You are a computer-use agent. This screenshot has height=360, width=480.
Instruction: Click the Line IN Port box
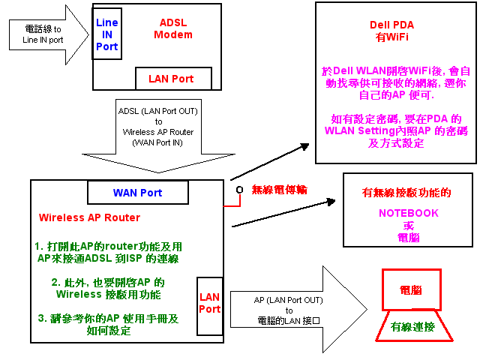click(106, 35)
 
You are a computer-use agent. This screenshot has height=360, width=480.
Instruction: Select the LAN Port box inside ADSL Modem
click(173, 79)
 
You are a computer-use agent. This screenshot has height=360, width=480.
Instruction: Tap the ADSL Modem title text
click(173, 28)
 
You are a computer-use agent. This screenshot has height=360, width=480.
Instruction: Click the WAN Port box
click(137, 193)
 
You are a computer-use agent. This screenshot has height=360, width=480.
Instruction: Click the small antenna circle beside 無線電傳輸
click(239, 190)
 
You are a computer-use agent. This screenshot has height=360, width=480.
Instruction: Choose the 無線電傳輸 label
click(279, 189)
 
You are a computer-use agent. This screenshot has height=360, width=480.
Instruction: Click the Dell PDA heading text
click(393, 24)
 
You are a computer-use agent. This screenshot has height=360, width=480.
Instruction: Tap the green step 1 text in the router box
click(108, 252)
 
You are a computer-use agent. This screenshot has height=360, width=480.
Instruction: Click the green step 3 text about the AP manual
click(108, 323)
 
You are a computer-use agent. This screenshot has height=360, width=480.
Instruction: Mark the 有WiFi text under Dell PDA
click(393, 36)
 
